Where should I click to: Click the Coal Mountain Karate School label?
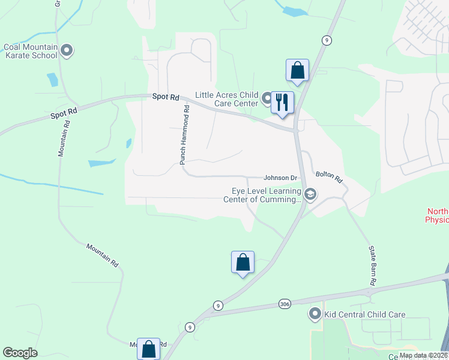point(31,52)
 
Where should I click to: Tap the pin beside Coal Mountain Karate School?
point(67,50)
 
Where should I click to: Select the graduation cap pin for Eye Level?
point(310,194)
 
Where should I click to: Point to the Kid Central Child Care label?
point(365,314)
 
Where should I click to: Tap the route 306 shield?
point(285,304)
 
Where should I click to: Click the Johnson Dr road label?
point(281,178)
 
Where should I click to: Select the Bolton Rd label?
point(329,178)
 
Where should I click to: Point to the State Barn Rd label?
point(373,265)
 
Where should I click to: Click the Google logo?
point(20,353)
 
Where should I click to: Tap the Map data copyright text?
point(423,355)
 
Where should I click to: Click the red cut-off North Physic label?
point(436,215)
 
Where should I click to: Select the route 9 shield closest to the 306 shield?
point(217,305)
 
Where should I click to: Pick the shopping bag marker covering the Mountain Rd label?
point(148,348)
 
